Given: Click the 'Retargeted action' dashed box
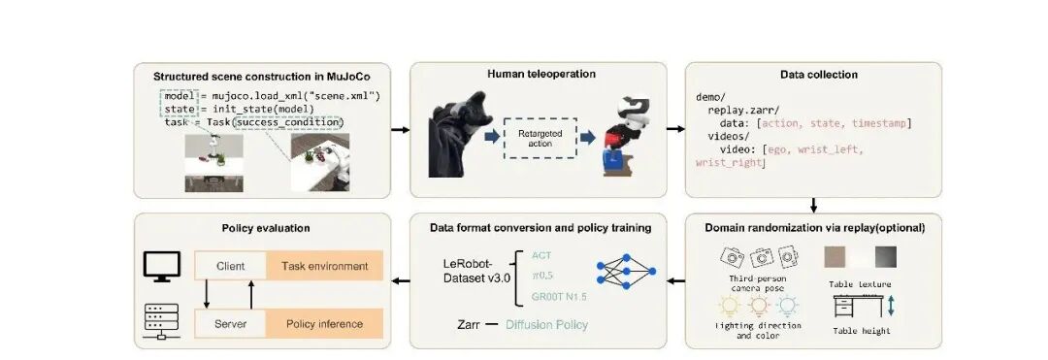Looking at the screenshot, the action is click(540, 138).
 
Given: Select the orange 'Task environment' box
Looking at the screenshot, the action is click(324, 266).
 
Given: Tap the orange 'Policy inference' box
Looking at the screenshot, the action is click(324, 324).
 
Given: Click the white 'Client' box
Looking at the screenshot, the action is click(230, 266).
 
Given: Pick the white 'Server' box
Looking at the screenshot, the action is click(230, 324).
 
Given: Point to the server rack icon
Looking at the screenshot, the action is click(161, 321).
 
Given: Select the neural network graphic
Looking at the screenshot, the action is click(626, 271).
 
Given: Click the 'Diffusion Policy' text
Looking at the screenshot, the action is click(546, 325).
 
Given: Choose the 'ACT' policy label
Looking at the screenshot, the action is click(542, 254).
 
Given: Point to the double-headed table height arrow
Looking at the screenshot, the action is click(890, 307).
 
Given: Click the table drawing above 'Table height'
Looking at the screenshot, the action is click(856, 307).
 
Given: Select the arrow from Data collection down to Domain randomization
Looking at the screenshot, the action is click(813, 205).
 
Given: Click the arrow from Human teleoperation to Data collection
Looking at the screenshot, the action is click(675, 129).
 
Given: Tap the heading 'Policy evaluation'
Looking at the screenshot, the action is click(265, 228).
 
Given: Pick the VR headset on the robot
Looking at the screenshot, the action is click(634, 107).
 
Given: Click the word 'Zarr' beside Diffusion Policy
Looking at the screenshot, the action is click(469, 325).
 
